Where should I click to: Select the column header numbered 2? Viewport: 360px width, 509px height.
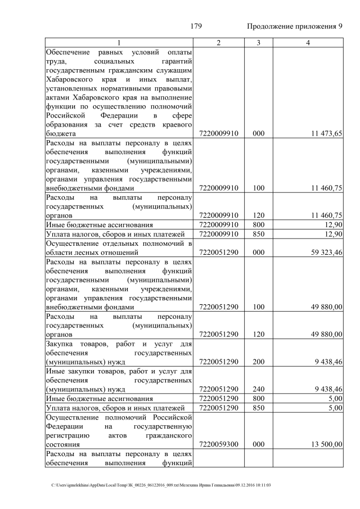point(218,43)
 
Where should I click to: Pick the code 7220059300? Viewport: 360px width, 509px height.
point(219,444)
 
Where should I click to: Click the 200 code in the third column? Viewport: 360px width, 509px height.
point(258,362)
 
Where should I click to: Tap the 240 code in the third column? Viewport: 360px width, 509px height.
point(258,389)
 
